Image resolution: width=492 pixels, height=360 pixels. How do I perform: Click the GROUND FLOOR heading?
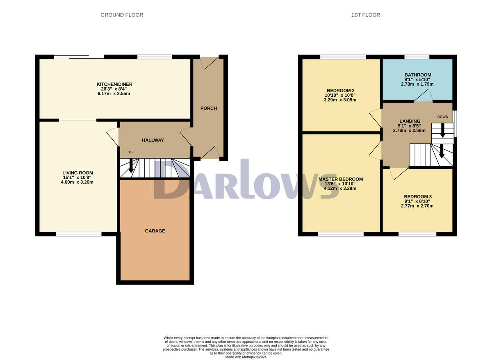(x=122, y=15)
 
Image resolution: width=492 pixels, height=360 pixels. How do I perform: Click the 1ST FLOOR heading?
(x=365, y=15)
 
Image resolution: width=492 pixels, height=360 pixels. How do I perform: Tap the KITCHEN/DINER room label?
(x=112, y=84)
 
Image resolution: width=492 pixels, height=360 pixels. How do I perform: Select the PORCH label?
(x=208, y=108)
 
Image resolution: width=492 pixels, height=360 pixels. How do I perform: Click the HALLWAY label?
(x=153, y=140)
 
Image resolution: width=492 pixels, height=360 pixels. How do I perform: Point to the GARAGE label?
(x=155, y=231)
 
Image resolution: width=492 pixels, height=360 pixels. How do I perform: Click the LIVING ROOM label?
(x=77, y=173)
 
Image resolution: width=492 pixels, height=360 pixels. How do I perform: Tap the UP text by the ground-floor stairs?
(x=131, y=153)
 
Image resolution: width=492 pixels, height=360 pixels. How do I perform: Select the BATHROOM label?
(x=417, y=75)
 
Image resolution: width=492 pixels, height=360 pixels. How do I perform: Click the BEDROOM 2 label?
(x=340, y=91)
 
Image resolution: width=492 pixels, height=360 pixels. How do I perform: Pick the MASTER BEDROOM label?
(x=340, y=179)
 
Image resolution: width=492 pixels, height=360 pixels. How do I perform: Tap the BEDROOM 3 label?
(x=417, y=196)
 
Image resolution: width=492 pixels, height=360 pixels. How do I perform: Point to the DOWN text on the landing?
(x=442, y=117)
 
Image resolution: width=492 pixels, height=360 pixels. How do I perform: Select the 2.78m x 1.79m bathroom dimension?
(x=417, y=84)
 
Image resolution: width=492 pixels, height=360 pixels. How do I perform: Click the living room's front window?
(x=78, y=234)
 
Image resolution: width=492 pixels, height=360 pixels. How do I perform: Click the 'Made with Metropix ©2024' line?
(x=246, y=357)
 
